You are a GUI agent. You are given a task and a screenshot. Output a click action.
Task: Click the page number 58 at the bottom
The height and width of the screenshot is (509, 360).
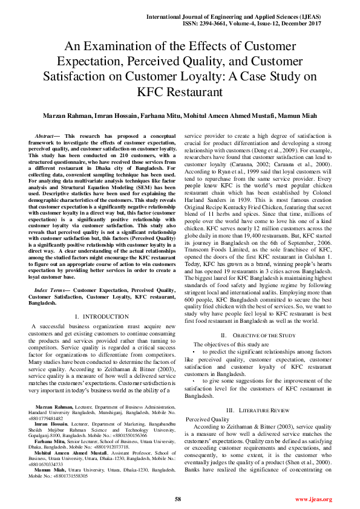pyautogui.click(x=178, y=499)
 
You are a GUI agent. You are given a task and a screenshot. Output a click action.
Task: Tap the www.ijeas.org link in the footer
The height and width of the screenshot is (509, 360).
pyautogui.click(x=313, y=499)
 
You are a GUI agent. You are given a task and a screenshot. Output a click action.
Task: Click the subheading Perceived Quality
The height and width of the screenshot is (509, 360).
pyautogui.click(x=207, y=418)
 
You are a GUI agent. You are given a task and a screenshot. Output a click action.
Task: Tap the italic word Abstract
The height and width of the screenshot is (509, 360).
pyautogui.click(x=45, y=137)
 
